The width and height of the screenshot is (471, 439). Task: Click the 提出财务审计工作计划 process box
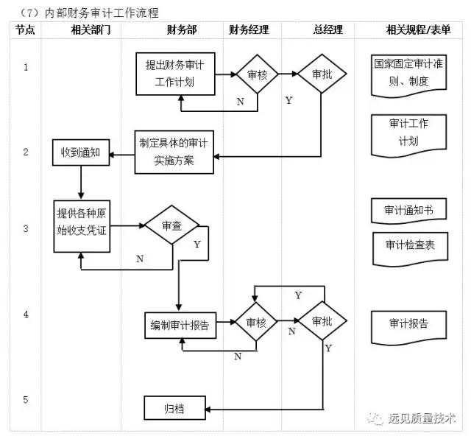(174, 74)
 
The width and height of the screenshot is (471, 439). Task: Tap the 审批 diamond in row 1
(321, 74)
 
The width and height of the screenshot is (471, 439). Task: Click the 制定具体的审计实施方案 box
(174, 152)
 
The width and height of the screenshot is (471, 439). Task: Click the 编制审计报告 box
(180, 325)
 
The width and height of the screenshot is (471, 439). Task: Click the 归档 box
(174, 407)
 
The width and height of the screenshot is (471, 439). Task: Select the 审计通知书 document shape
(408, 211)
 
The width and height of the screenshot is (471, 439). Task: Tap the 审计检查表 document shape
(408, 245)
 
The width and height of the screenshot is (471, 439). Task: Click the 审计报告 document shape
(408, 323)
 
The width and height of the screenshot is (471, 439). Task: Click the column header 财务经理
(249, 30)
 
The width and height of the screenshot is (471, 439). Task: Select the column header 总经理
(317, 30)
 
